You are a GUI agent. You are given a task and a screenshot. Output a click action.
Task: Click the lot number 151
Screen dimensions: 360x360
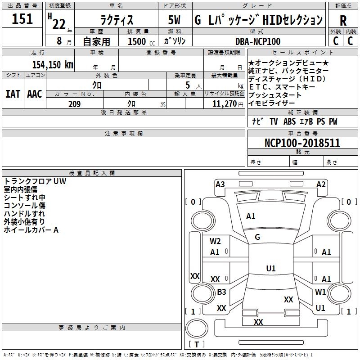(x=22, y=19)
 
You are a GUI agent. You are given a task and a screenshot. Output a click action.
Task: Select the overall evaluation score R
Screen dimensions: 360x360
(x=343, y=21)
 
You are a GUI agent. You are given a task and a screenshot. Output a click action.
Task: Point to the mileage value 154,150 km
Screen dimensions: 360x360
(x=53, y=64)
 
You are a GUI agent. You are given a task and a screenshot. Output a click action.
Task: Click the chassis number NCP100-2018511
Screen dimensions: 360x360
(x=302, y=143)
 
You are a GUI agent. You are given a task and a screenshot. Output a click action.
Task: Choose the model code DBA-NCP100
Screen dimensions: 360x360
(x=257, y=41)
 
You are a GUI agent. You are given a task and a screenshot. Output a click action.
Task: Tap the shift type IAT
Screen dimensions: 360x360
(x=13, y=94)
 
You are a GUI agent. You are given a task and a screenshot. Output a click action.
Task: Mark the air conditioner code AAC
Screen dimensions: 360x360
(x=35, y=94)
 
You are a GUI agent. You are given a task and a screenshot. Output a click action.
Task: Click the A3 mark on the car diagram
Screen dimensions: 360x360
(x=220, y=184)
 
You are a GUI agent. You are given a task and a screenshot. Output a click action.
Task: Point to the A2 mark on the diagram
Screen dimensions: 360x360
(x=321, y=184)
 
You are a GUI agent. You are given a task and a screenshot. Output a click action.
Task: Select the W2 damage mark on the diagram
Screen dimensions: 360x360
(x=215, y=241)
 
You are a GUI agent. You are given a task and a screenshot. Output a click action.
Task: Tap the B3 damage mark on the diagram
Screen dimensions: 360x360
(x=221, y=292)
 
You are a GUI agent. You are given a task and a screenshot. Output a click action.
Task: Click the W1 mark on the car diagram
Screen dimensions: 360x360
(x=320, y=292)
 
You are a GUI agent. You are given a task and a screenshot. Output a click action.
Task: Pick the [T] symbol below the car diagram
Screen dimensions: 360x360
(x=196, y=345)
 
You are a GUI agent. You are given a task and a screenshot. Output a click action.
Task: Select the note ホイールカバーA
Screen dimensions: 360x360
(x=31, y=230)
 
